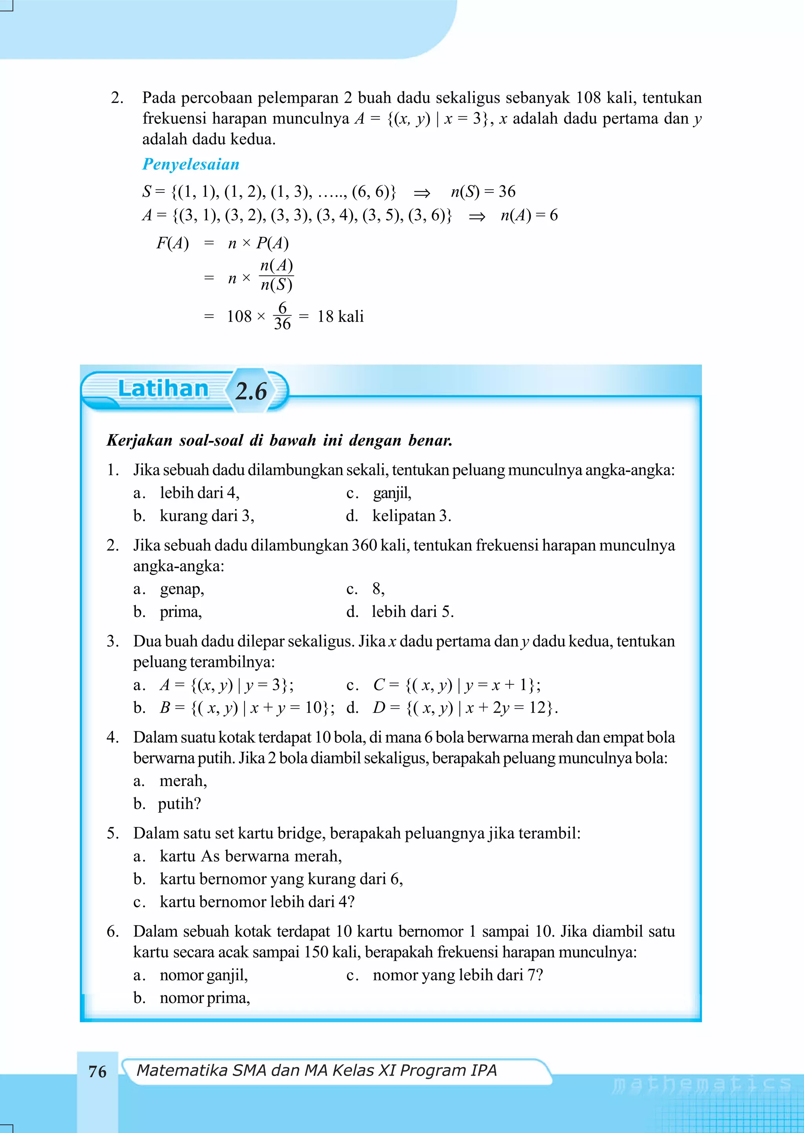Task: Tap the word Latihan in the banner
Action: click(x=163, y=389)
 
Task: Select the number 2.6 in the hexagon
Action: click(x=251, y=391)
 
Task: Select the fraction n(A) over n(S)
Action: click(x=276, y=275)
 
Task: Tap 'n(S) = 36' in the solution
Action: click(x=483, y=192)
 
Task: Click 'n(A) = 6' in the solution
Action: click(x=529, y=215)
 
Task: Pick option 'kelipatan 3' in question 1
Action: click(x=411, y=516)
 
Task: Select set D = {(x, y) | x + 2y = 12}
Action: click(x=465, y=708)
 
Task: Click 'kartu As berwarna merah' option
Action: click(x=250, y=856)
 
